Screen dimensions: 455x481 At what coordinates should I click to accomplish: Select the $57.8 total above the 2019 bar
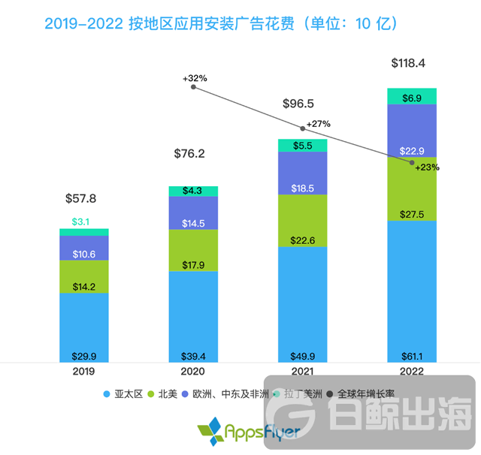tap(81, 200)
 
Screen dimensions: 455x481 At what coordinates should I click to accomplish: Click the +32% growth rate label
tap(195, 77)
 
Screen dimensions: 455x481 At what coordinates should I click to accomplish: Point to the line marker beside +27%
tap(303, 128)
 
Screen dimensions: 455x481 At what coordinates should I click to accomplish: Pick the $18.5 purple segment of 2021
tap(303, 173)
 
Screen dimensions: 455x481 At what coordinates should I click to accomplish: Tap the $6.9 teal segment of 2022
tap(411, 96)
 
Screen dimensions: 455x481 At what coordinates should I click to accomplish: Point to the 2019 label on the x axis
tap(84, 371)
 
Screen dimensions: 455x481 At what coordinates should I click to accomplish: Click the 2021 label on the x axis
tap(303, 371)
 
